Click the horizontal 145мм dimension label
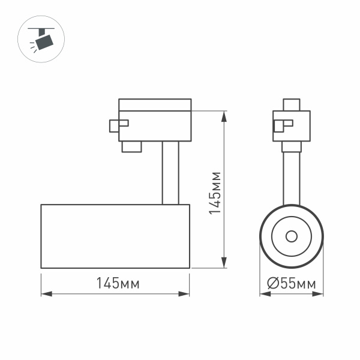(115, 283)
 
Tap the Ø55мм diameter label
(292, 283)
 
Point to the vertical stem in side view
(170, 173)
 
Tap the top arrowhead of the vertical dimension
(224, 115)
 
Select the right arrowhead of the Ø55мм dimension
(320, 294)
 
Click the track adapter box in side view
(155, 125)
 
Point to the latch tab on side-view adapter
(118, 125)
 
